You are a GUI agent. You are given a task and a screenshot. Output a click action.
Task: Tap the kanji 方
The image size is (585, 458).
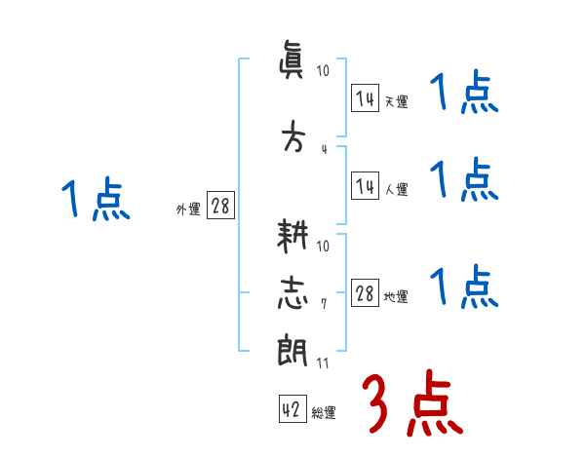292,134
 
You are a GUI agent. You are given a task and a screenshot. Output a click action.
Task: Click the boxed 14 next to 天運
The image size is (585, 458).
365,98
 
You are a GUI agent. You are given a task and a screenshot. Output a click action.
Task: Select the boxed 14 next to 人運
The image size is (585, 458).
365,187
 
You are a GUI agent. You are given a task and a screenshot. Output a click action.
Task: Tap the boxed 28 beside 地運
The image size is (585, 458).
365,294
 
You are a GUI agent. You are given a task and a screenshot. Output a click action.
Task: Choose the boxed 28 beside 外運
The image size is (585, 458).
220,206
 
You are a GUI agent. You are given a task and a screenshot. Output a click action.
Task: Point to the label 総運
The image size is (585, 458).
324,413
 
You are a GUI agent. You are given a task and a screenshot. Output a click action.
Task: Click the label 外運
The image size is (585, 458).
188,209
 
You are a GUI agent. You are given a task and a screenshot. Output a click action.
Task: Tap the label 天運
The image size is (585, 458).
395,101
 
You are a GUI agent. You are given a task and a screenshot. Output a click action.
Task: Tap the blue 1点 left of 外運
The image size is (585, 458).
96,202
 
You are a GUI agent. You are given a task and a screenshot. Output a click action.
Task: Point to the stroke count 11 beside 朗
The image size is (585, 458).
323,363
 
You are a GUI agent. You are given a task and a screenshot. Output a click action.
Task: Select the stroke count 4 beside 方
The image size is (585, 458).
323,148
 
